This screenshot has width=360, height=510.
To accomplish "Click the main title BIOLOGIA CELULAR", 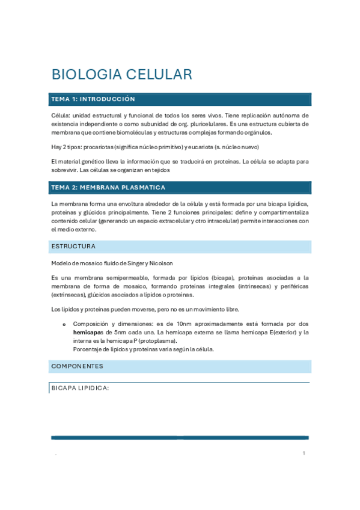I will [x=122, y=75].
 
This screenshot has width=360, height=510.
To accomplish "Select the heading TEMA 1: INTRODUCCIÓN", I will [x=93, y=99].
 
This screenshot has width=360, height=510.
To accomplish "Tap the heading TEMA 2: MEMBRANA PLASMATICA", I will [x=108, y=188].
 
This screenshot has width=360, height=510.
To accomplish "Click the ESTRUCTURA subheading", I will [x=73, y=247].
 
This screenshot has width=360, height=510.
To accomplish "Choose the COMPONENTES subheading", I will [x=77, y=366].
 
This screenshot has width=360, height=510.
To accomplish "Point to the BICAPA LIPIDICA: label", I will [x=80, y=389].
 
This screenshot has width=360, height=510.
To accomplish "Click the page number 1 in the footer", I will [x=304, y=453].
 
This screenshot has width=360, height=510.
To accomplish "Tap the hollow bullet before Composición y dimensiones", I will [x=64, y=324].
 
